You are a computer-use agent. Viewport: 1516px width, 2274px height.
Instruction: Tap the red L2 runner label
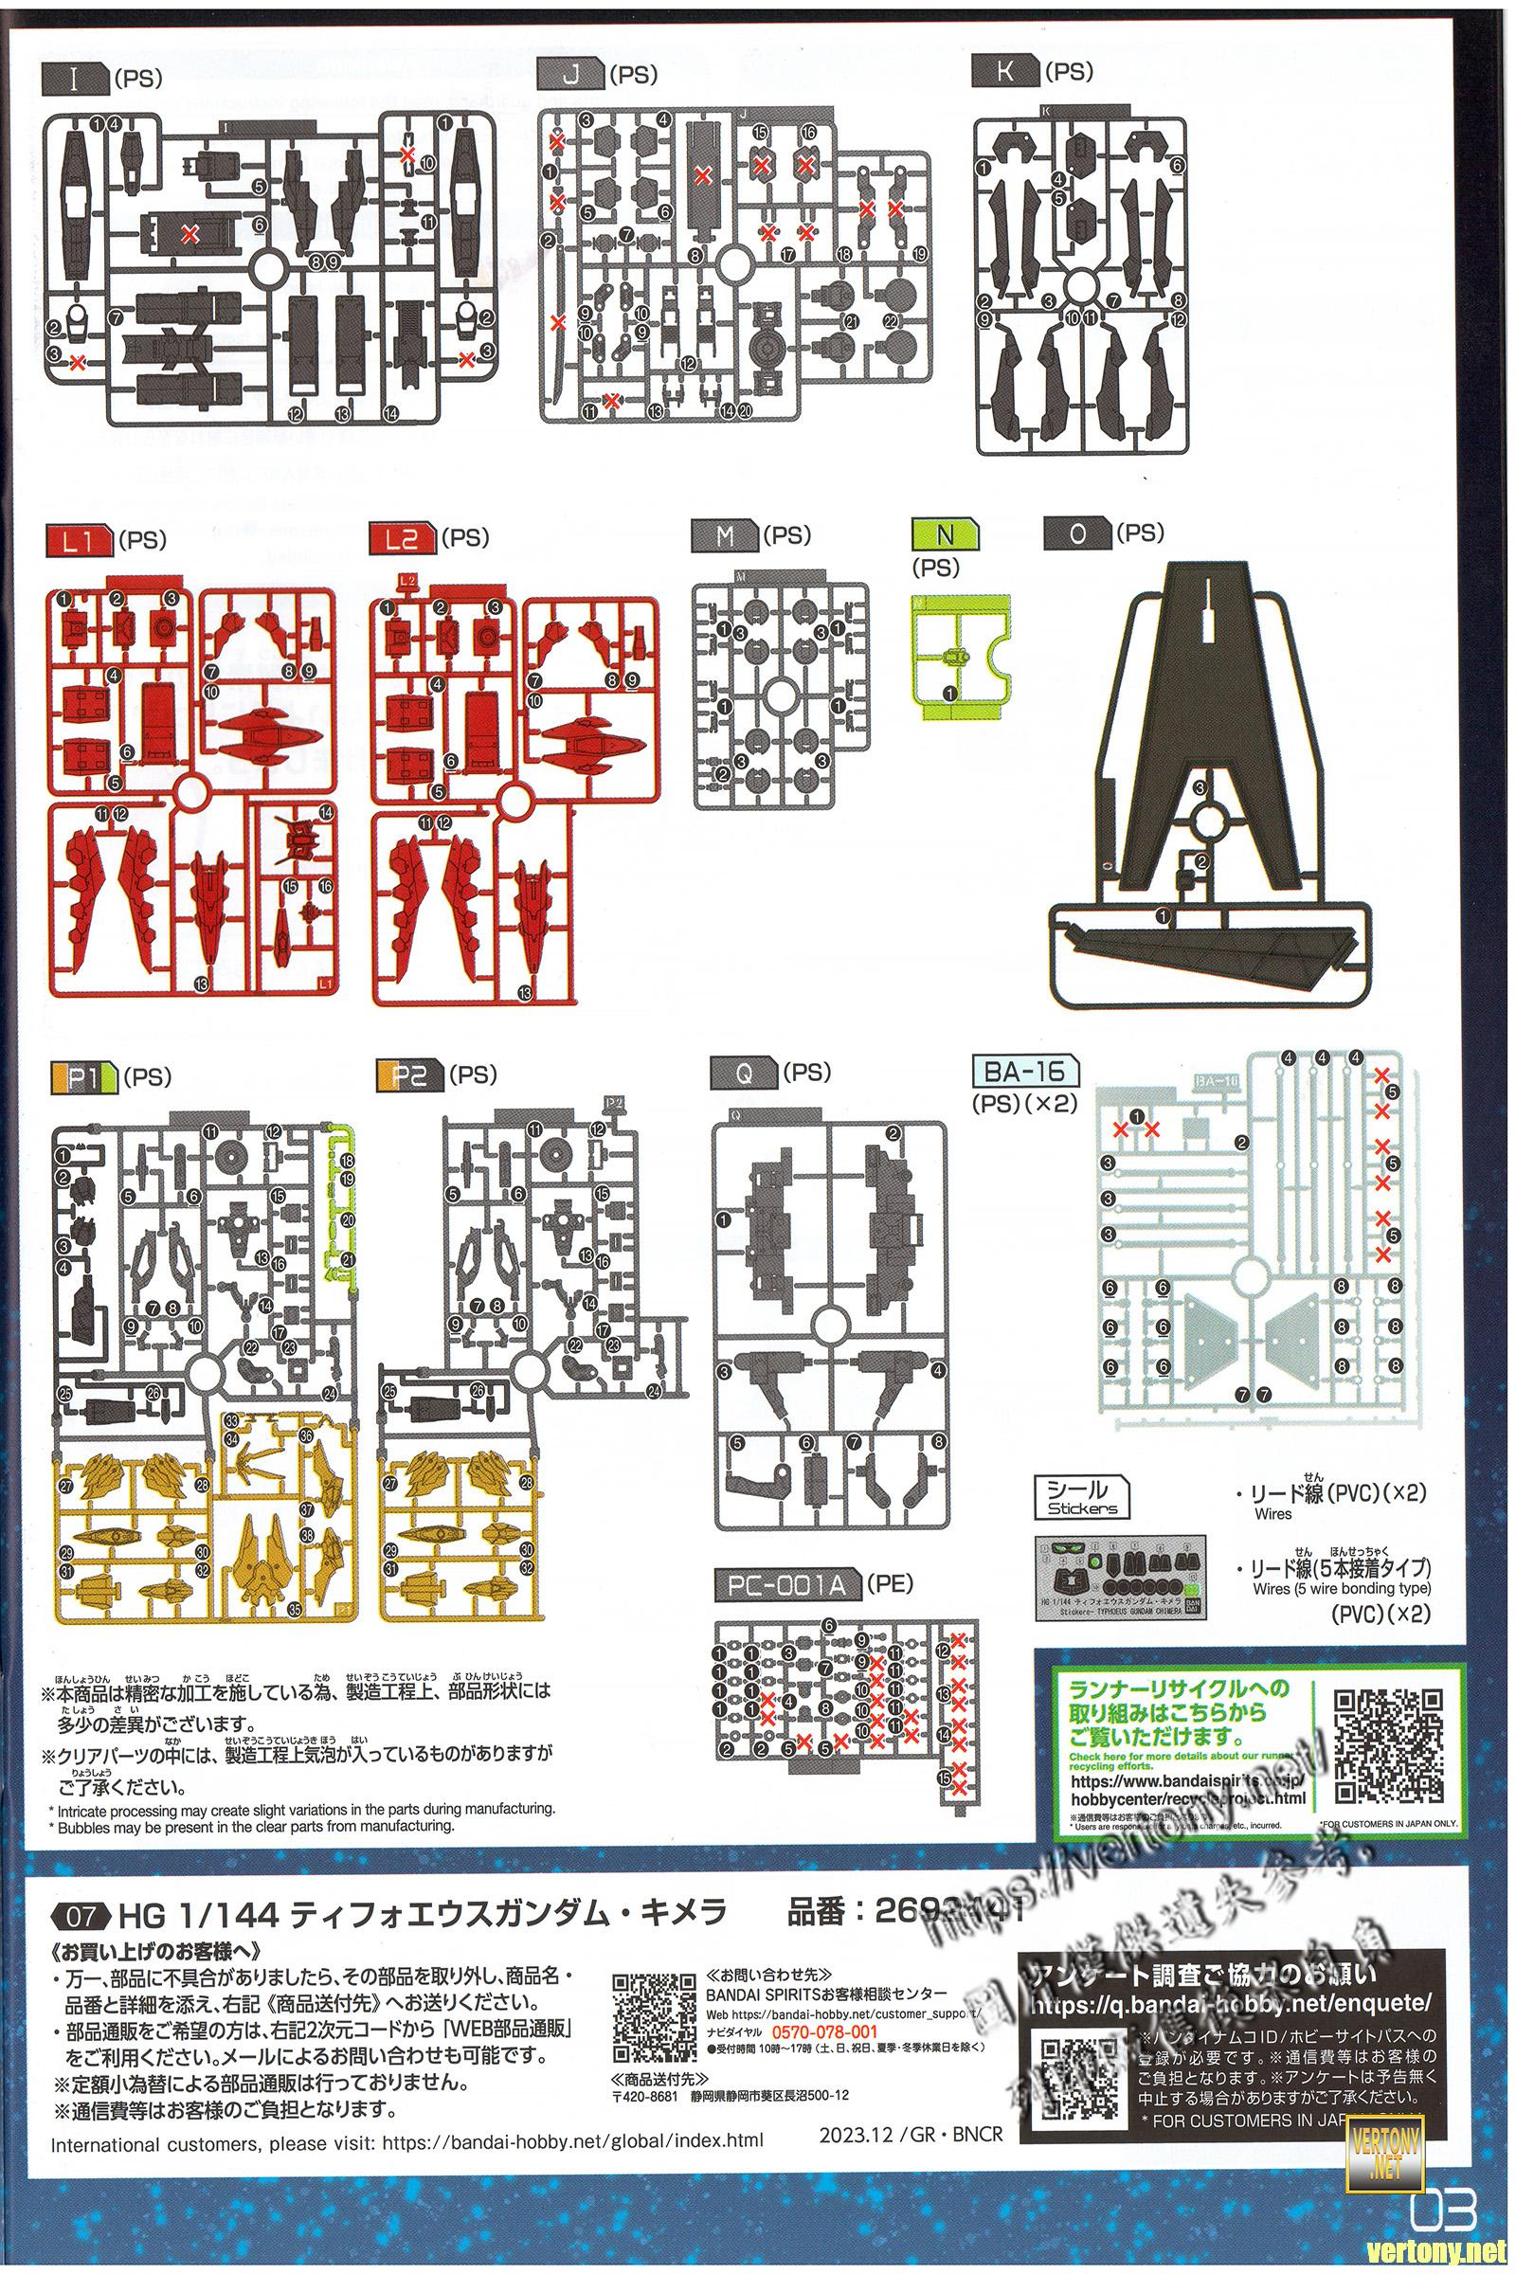[401, 539]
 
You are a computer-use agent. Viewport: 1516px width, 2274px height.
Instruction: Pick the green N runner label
[946, 533]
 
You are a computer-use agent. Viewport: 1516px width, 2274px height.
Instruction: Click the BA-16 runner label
[1026, 1072]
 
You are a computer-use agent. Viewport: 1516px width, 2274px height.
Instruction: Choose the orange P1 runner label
[82, 1076]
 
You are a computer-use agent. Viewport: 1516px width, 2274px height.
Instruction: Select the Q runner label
[744, 1074]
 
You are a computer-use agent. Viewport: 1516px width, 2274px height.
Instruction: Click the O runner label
[1078, 533]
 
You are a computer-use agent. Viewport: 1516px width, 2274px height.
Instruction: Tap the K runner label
[1005, 72]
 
